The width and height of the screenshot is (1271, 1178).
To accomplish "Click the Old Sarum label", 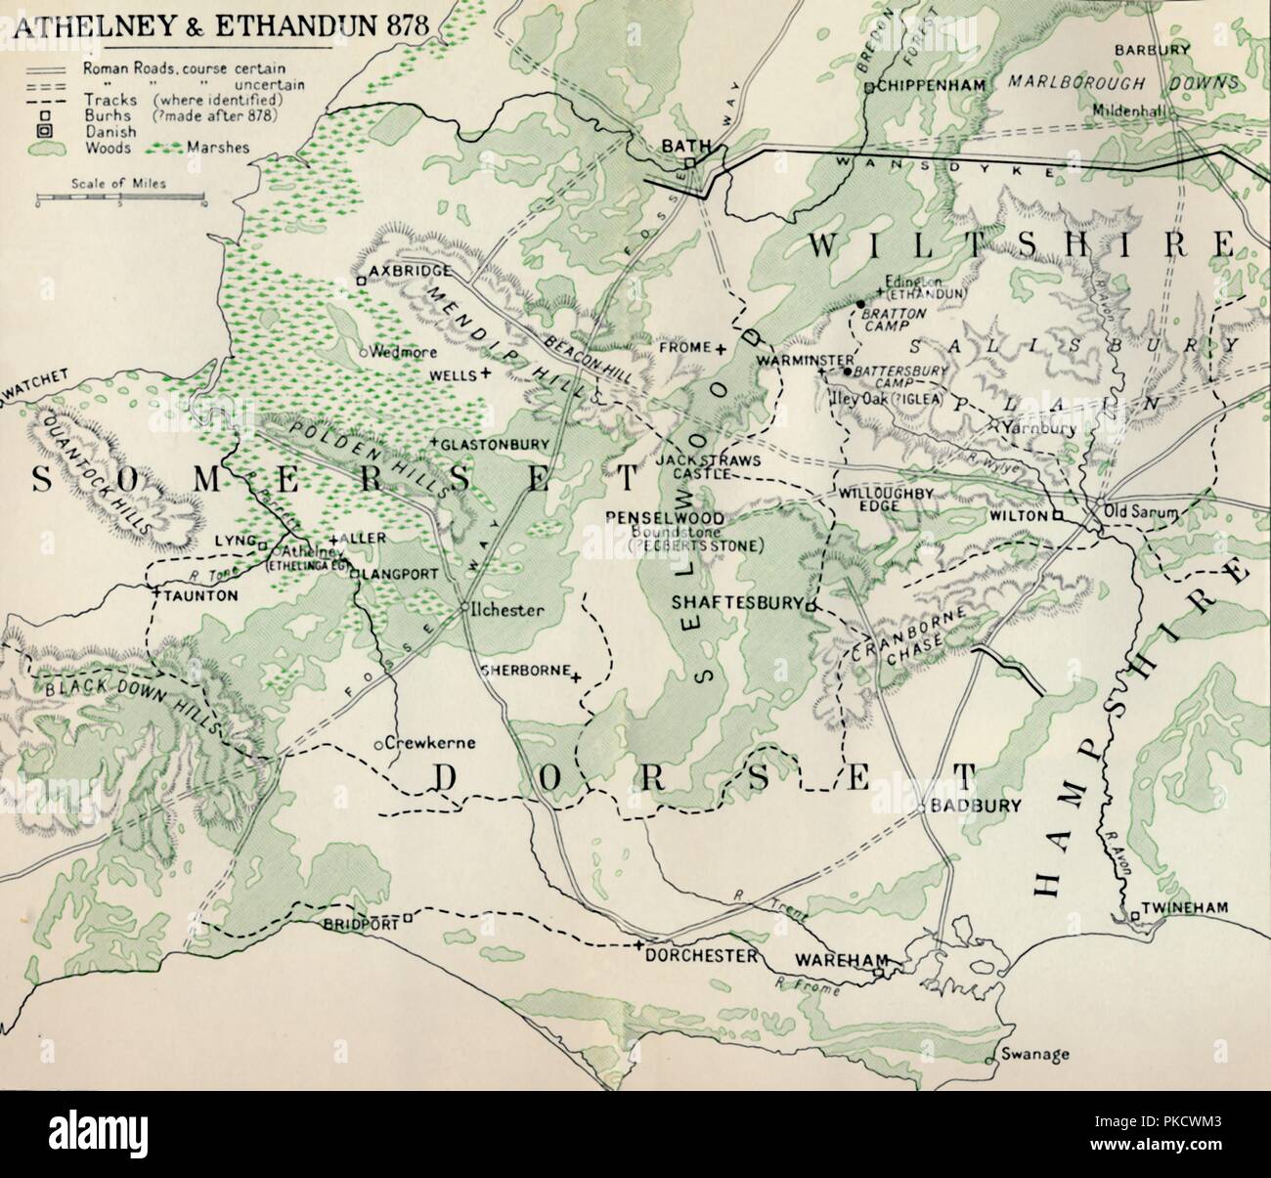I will (1140, 511).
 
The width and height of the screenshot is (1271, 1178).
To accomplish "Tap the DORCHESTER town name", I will (703, 955).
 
